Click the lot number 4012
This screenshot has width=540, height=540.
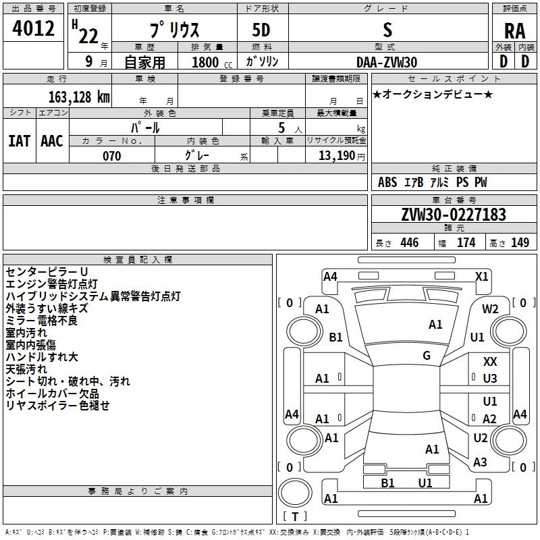coord(33,28)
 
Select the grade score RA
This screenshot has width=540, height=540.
coord(514,31)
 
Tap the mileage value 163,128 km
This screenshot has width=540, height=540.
coord(79,97)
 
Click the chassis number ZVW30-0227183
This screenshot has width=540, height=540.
coord(454,215)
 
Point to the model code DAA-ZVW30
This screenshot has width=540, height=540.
coord(386,62)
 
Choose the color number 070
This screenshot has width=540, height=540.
coord(112,156)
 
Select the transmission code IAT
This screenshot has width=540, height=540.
coord(20,141)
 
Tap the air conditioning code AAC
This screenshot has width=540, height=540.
coord(52,141)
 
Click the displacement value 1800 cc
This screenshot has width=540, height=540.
coord(212,62)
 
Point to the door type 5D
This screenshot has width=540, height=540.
coord(261,30)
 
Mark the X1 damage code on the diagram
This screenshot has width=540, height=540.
coord(481,277)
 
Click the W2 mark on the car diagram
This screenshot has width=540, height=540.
coord(490,309)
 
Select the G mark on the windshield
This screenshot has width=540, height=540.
coord(427,356)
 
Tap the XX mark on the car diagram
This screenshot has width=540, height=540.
coord(490,361)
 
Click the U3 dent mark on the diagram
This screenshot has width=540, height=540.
coord(490,379)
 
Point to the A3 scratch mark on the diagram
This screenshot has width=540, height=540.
coord(480,462)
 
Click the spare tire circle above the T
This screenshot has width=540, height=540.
coord(295,492)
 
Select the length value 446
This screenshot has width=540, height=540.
coord(410,242)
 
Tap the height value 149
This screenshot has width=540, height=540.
coord(520,242)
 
